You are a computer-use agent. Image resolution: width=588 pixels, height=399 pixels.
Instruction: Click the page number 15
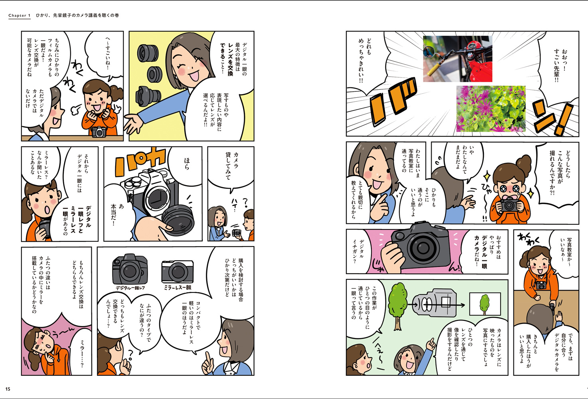(8, 389)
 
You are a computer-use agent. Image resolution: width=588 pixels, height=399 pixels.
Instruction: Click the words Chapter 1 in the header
(20, 16)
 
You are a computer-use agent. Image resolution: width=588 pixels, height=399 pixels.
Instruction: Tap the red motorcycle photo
(458, 59)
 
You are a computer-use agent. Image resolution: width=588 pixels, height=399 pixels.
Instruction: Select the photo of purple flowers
(491, 109)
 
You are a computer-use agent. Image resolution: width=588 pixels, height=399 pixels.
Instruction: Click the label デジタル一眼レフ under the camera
(130, 288)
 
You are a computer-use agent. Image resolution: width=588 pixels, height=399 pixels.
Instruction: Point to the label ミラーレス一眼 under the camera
(178, 287)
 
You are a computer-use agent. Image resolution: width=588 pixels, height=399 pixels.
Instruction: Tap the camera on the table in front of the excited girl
(99, 132)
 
